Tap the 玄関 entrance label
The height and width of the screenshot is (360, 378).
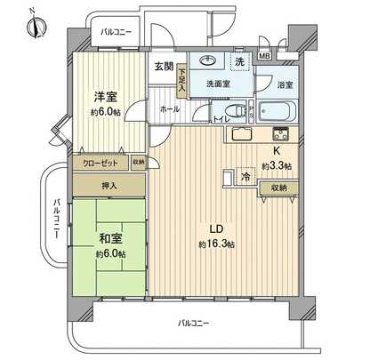tap(162, 66)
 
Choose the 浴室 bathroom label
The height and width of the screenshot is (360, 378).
tap(285, 84)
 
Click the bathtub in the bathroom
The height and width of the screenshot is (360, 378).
tap(278, 113)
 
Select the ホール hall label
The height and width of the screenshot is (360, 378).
tap(168, 108)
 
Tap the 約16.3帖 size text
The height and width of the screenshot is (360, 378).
tap(216, 244)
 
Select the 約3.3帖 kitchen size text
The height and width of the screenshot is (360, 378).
tap(276, 166)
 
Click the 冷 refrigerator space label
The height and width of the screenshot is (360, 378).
tap(245, 176)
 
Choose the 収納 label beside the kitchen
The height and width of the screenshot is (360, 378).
tap(276, 188)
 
